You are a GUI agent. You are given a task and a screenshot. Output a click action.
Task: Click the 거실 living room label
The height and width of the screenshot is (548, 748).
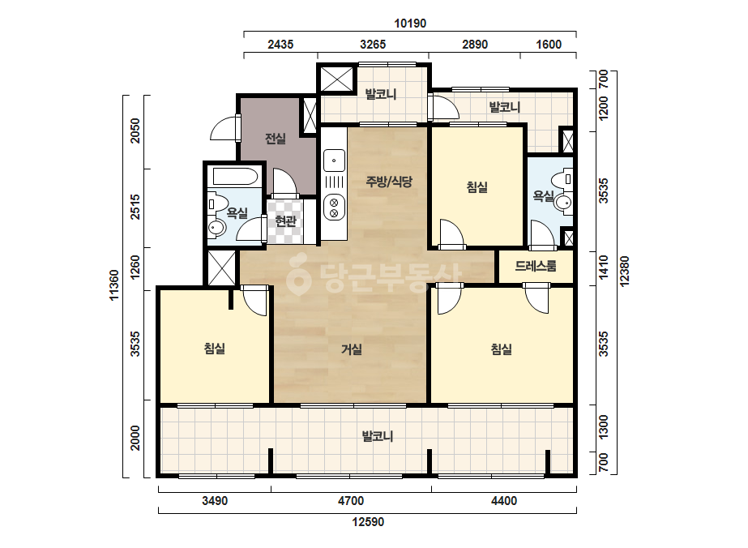click(x=352, y=349)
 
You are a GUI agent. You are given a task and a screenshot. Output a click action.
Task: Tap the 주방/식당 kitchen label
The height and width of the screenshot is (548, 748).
click(x=389, y=182)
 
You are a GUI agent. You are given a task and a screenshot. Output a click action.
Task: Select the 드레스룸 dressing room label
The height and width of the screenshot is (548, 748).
click(x=535, y=266)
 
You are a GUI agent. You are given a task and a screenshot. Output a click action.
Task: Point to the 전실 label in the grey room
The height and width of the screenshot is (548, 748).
click(x=276, y=139)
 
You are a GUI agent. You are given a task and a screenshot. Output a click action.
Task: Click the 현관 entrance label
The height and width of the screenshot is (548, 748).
click(x=285, y=220)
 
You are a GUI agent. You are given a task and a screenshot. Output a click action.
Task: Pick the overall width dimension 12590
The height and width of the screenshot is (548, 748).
click(x=368, y=522)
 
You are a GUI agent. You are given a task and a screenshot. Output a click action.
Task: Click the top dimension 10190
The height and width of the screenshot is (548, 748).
click(x=410, y=23)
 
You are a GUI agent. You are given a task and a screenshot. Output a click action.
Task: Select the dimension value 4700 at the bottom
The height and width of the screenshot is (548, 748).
click(x=351, y=501)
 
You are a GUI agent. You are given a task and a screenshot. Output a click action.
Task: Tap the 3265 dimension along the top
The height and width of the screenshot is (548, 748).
click(x=373, y=45)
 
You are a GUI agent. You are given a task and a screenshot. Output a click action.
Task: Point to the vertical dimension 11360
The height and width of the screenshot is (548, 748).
click(x=114, y=285)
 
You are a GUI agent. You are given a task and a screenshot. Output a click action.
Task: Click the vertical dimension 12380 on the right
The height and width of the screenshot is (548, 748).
click(x=625, y=272)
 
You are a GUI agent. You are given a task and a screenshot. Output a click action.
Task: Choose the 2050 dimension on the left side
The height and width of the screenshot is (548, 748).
click(x=135, y=131)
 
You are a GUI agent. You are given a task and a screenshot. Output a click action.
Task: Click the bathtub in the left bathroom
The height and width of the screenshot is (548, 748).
click(x=236, y=176)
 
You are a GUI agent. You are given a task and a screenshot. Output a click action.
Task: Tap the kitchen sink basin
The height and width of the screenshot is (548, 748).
click(x=334, y=160)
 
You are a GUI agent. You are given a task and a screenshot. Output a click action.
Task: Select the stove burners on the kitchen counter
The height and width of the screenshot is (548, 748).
click(x=334, y=208)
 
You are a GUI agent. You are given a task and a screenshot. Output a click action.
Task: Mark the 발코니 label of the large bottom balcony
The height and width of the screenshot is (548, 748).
click(x=378, y=436)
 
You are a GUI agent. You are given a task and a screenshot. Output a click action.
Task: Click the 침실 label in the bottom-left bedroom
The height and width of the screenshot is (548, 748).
click(x=214, y=349)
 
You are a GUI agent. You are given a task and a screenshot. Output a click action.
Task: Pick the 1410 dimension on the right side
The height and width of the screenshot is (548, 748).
click(x=604, y=268)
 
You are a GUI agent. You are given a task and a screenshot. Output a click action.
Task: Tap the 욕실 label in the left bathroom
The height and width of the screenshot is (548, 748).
click(x=237, y=212)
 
